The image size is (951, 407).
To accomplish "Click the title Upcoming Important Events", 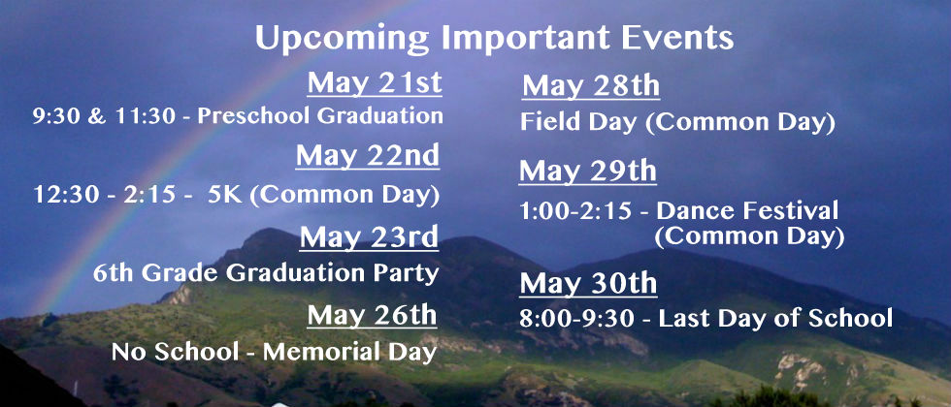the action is pos(494,39).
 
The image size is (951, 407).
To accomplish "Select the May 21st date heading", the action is pos(375,83).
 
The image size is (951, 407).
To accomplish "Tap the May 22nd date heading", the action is pos(368,156).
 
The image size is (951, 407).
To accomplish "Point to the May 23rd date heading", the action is pos(369,236).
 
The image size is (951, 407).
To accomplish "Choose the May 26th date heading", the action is pos(372,316).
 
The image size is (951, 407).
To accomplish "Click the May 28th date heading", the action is pos(591,86).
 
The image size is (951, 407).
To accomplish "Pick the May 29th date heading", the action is pos(588,172).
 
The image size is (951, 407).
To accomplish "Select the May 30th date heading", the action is pos(588,283).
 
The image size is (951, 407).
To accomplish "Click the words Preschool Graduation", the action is pos(320,115).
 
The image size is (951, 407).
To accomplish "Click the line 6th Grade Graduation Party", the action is pos(266,273).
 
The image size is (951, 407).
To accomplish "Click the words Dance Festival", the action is pos(747,211).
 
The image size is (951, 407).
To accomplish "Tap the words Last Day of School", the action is pos(775,319).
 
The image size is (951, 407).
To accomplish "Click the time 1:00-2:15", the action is pos(575,211).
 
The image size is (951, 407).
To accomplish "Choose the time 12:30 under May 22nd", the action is pos(62,195).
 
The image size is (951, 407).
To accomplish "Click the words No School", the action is pos(175,353).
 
